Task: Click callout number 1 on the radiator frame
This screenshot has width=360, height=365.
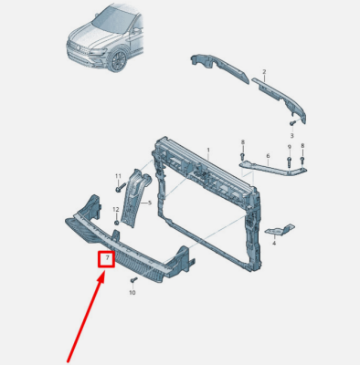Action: tap(208, 150)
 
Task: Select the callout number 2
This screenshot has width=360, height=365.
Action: tap(264, 72)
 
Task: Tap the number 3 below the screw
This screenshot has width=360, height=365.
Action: tap(291, 135)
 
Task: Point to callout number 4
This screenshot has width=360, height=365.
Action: tap(274, 243)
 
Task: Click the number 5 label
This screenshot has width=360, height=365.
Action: tap(150, 203)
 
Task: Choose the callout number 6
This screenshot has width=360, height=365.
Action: tap(268, 156)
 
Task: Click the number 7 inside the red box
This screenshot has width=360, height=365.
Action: tap(107, 258)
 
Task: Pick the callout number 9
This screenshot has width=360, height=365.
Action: tap(290, 147)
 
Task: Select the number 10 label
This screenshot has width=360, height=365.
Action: tap(132, 293)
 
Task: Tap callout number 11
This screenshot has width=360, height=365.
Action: tap(118, 176)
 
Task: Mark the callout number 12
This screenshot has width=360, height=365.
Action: tap(116, 209)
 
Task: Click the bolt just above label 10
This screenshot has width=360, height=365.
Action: tap(133, 280)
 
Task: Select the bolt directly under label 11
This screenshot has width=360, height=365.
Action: tap(121, 187)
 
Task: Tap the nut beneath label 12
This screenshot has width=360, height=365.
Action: tap(117, 223)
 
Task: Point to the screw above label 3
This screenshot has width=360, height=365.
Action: tap(292, 123)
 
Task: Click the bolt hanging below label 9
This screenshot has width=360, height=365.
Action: tap(290, 162)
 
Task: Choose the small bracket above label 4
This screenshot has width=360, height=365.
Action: tap(280, 230)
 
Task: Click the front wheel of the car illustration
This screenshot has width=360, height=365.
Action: tap(117, 60)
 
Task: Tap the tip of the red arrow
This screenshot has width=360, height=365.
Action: tap(104, 271)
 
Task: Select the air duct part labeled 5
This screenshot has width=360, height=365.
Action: tap(134, 198)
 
